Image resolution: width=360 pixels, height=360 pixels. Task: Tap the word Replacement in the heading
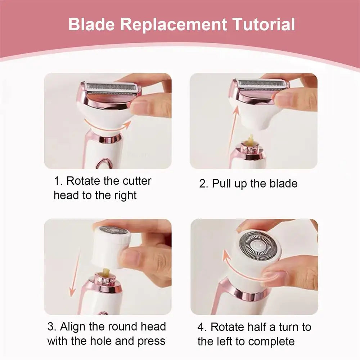point(174,24)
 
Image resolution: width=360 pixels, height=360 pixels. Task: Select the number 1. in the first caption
point(58,181)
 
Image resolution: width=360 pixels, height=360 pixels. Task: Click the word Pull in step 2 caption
point(221,184)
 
